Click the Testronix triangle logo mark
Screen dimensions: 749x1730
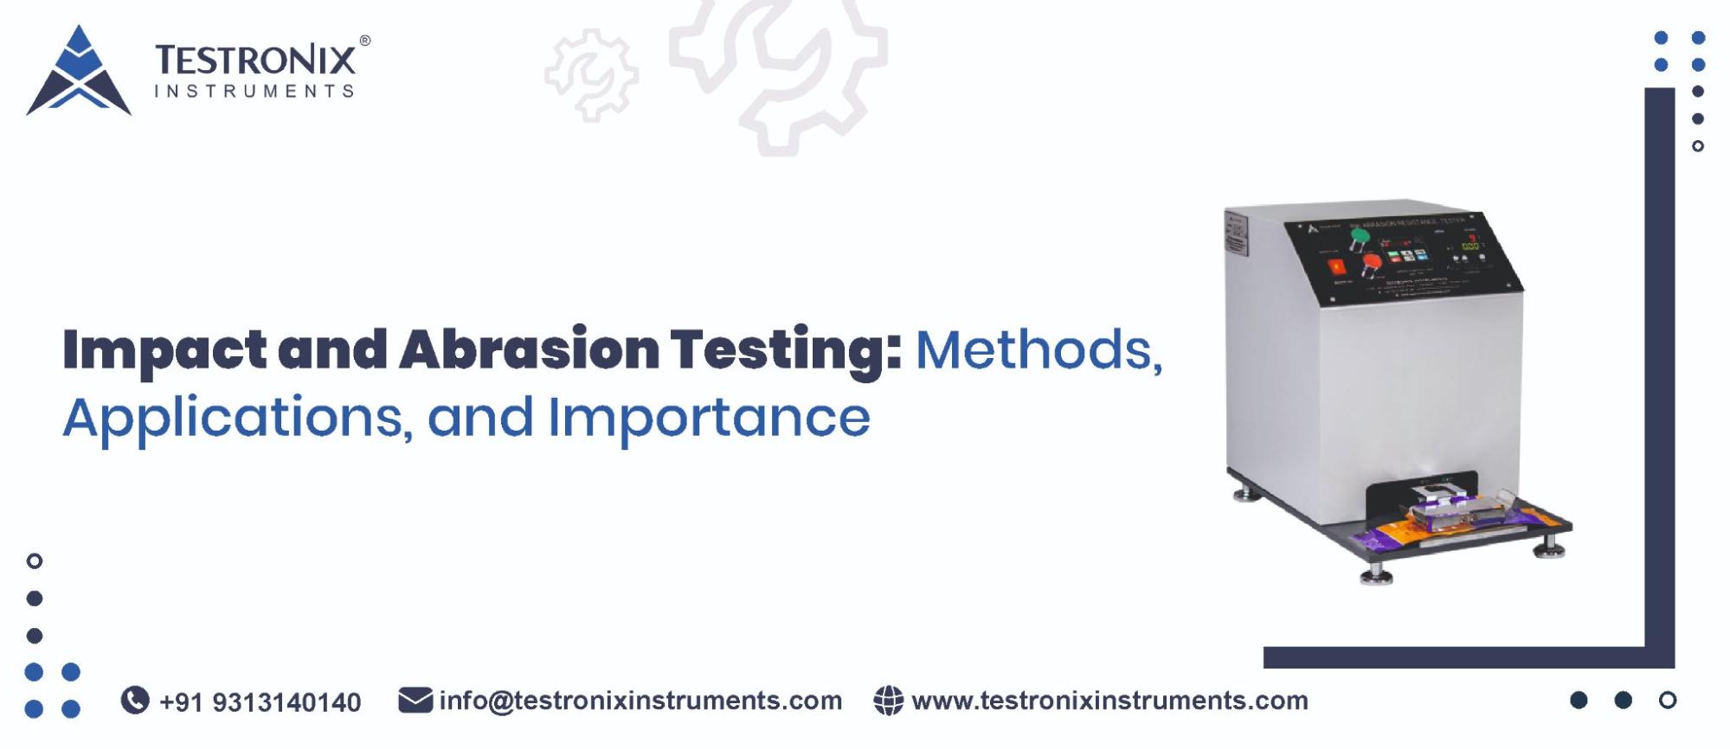79,73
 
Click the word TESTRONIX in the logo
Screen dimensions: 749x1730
255,61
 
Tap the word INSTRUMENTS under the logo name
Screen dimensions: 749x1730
254,91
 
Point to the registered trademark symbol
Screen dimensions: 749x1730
365,41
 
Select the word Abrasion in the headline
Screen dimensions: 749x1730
529,349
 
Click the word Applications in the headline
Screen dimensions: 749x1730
234,418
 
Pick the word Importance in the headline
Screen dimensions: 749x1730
709,418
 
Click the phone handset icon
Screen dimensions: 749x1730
135,700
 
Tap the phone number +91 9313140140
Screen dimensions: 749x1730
260,701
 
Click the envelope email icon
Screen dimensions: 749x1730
415,700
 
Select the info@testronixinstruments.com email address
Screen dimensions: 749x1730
640,700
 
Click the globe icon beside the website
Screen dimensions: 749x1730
888,700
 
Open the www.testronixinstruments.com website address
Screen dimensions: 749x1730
1109,700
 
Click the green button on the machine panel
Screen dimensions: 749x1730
1360,235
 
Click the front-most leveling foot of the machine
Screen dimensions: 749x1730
1376,573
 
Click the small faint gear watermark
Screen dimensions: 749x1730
592,74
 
